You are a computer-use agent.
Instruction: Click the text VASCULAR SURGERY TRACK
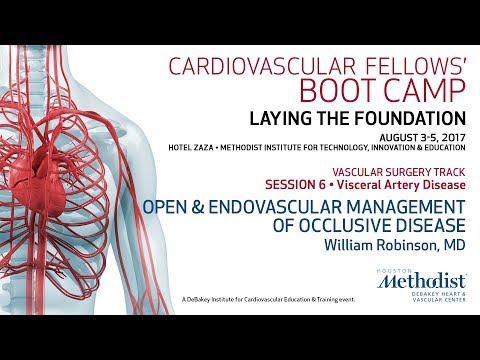click(x=399, y=172)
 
